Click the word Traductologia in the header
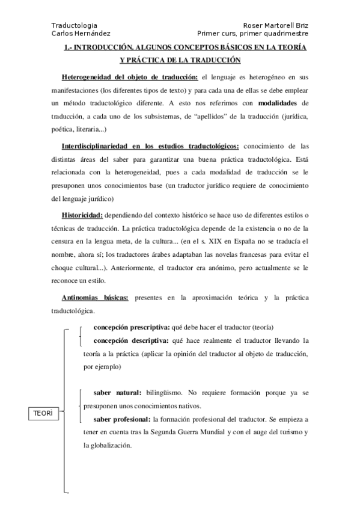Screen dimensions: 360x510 coord(74,26)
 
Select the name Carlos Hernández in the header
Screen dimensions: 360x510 coord(81,34)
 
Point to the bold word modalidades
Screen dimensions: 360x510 coord(274,102)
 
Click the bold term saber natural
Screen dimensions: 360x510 coord(117,393)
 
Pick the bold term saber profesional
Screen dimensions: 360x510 coord(122,419)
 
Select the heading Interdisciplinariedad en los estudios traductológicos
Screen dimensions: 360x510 coord(150,146)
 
